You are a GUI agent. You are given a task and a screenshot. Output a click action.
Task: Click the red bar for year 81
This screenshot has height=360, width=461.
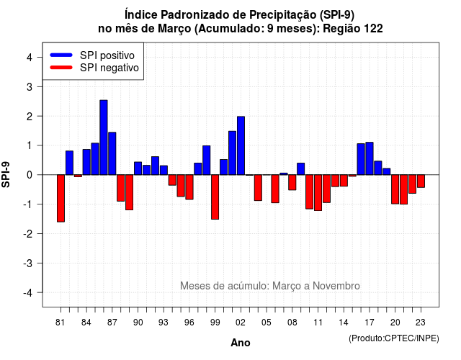[x=61, y=199]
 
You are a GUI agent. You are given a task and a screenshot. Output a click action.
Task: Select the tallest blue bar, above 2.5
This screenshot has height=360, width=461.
[x=104, y=138]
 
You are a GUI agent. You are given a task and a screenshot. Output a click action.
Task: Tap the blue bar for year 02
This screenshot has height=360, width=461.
[x=241, y=145]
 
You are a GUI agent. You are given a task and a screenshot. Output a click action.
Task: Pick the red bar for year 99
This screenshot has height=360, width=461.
[x=215, y=197]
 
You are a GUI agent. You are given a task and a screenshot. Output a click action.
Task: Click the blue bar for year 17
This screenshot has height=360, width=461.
[x=370, y=158]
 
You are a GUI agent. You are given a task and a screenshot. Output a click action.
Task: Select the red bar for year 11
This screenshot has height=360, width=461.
[x=318, y=193]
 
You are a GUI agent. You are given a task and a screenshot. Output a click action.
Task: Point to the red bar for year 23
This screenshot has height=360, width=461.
[x=421, y=181]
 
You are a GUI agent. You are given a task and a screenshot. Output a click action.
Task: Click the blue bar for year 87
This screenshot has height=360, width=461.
[x=112, y=153]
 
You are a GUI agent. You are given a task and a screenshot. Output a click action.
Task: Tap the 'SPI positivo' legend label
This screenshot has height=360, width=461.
[x=107, y=55]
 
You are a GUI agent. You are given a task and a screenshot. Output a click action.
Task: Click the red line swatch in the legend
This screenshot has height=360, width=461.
[x=61, y=68]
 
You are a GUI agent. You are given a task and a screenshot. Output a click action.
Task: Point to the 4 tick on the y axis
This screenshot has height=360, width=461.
[x=39, y=57]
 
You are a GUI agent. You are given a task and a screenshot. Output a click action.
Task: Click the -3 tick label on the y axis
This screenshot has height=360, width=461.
[x=28, y=264]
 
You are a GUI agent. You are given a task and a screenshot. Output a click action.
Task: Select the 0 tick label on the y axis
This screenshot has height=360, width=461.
[x=30, y=175]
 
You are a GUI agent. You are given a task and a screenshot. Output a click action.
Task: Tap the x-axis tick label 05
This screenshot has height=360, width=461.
[x=267, y=323]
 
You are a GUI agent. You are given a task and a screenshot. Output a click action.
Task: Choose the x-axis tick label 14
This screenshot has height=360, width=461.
[x=344, y=323]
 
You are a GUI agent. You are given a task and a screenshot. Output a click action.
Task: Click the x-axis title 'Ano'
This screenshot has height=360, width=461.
[x=241, y=343]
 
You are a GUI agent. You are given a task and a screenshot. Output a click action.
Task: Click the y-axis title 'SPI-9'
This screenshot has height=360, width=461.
[x=6, y=175]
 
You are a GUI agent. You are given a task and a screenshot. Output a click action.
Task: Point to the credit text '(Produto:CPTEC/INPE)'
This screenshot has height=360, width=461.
[x=394, y=338]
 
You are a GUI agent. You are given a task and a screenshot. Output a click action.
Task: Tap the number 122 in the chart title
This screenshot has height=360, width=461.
[x=373, y=29]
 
